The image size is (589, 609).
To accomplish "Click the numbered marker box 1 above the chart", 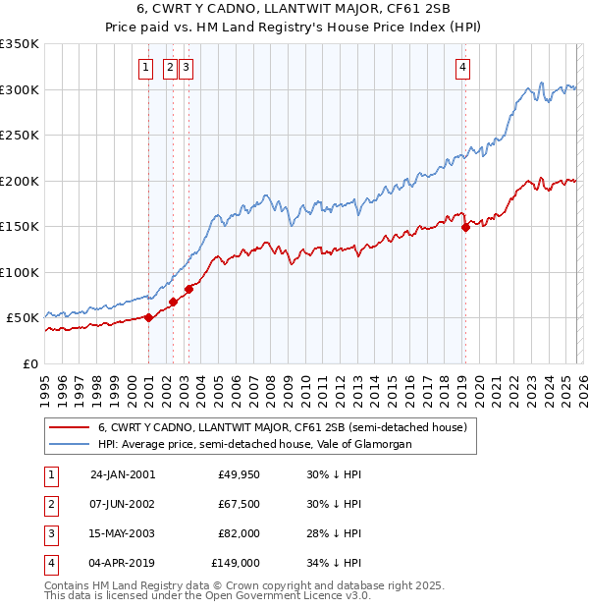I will click(145, 68).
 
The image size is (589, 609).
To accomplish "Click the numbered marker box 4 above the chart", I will click(461, 68).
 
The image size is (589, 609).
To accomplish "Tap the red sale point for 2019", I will click(465, 227).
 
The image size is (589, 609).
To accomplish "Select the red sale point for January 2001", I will click(149, 317).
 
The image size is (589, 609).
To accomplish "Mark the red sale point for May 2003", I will click(188, 288).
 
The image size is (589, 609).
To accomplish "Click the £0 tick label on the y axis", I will click(30, 363).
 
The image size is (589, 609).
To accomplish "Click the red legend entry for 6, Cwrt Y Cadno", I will click(260, 427).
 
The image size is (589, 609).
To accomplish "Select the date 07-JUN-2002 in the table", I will click(122, 504).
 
